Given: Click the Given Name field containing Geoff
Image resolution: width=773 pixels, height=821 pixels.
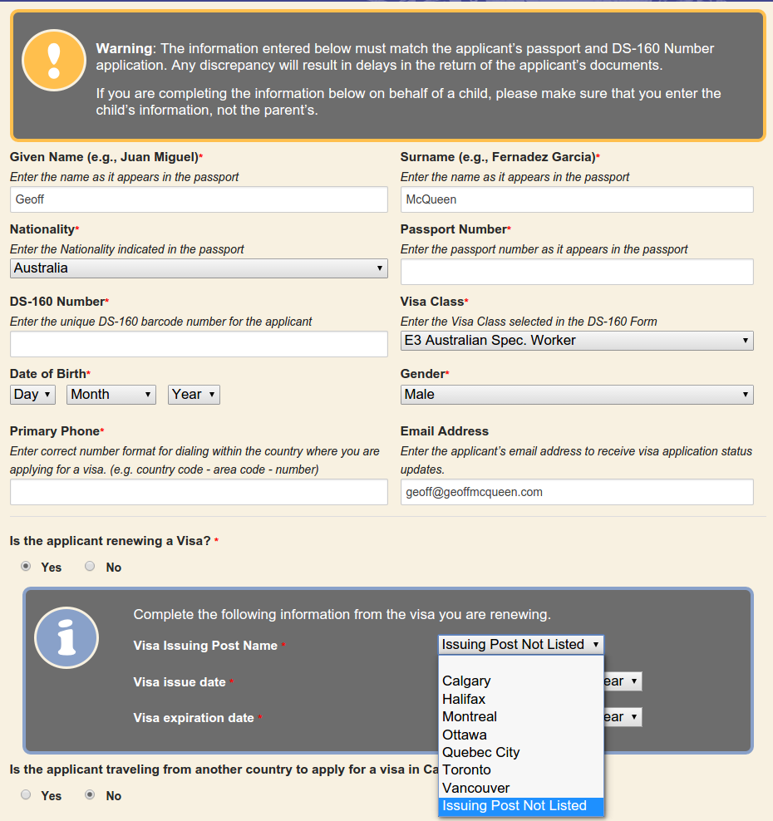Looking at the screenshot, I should pyautogui.click(x=199, y=199).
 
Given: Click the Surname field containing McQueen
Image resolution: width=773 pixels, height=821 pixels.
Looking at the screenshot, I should pyautogui.click(x=577, y=199).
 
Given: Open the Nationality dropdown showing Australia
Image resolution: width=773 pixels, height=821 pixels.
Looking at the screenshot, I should pyautogui.click(x=199, y=268).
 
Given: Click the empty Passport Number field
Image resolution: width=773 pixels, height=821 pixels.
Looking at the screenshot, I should pyautogui.click(x=577, y=272).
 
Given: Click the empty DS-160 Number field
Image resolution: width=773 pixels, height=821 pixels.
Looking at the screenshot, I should pyautogui.click(x=199, y=344).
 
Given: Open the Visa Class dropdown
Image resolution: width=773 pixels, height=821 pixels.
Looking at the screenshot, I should pyautogui.click(x=577, y=341).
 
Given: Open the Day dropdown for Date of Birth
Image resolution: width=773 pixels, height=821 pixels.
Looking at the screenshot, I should pyautogui.click(x=32, y=395).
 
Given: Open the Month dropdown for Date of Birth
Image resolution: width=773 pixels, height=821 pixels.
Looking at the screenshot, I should pyautogui.click(x=111, y=395).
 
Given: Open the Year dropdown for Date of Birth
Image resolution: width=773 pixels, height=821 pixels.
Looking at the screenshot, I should pyautogui.click(x=194, y=395).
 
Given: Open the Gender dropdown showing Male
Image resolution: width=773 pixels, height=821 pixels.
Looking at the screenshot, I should pyautogui.click(x=577, y=395).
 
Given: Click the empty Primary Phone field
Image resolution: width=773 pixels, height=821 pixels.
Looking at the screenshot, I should pyautogui.click(x=199, y=492).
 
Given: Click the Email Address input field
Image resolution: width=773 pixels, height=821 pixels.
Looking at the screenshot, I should pyautogui.click(x=577, y=492).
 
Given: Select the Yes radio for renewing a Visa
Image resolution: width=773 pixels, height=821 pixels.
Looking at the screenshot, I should pyautogui.click(x=27, y=567).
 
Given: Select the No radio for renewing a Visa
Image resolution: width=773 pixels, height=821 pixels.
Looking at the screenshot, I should pyautogui.click(x=90, y=567).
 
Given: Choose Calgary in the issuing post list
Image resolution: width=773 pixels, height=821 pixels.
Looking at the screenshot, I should pyautogui.click(x=466, y=681).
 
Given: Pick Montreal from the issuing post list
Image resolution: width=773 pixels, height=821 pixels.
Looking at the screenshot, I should pyautogui.click(x=470, y=717).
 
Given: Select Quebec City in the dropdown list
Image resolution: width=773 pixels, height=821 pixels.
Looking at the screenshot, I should pyautogui.click(x=480, y=753).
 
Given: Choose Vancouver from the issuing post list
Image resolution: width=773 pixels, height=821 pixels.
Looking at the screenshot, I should pyautogui.click(x=475, y=788).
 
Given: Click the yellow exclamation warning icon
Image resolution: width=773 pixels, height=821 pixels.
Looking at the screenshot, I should pyautogui.click(x=54, y=59).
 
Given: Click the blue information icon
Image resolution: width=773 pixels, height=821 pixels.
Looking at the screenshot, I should pyautogui.click(x=66, y=638).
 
